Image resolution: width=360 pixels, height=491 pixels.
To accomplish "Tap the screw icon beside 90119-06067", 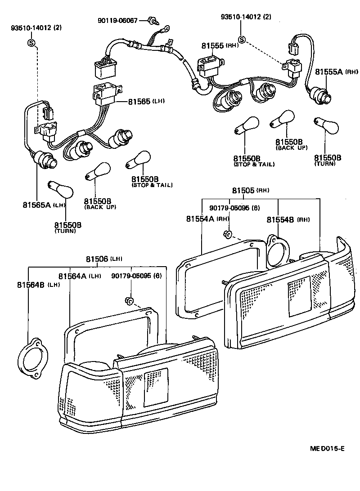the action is coord(153,20).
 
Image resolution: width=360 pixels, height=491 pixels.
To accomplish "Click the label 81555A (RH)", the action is coord(336,72).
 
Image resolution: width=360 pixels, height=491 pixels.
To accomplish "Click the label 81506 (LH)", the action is coord(103,259).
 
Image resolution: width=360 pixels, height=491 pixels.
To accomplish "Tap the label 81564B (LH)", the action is coord(38,285).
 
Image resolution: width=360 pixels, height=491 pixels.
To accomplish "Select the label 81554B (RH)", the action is coord(288,220).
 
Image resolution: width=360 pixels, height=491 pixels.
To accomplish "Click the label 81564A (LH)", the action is coord(79,276).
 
